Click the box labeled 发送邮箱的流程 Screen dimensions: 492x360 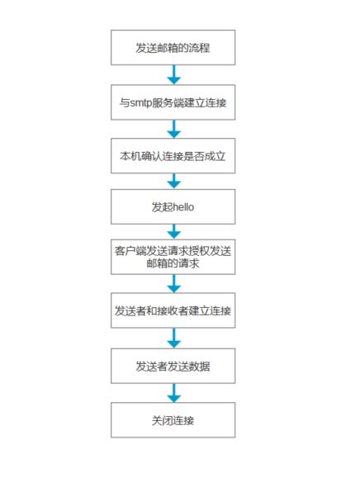pos(173,48)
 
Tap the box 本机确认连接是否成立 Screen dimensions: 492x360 pos(173,155)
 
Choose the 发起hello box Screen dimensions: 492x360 pos(173,207)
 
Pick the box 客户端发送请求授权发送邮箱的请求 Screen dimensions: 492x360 pos(173,257)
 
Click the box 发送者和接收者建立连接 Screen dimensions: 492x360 pos(173,310)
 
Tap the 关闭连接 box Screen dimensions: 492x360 pos(173,419)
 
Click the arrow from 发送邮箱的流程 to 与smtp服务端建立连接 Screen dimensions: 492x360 pos(173,75)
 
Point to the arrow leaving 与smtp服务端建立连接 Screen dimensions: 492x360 pos(173,129)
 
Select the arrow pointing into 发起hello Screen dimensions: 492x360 pos(173,181)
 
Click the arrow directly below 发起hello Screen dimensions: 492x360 pos(173,231)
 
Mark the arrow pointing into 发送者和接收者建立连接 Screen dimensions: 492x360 pos(173,283)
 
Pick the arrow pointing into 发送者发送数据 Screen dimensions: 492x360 pos(173,338)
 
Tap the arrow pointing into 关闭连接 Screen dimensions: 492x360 pos(173,392)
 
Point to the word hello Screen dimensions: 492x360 pos(182,207)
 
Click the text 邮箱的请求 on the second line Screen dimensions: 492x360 pos(173,264)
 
